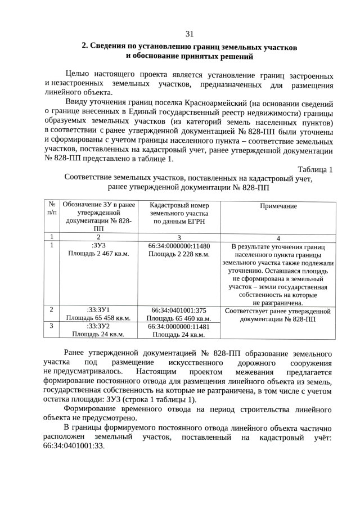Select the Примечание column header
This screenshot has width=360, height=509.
(278, 206)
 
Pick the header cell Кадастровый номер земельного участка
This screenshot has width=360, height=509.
(179, 214)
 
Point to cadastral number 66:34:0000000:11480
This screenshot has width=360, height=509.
(179, 246)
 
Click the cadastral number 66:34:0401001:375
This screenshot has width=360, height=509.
(179, 310)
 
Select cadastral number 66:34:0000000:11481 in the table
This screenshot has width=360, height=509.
(179, 326)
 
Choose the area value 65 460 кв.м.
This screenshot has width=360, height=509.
(179, 318)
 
